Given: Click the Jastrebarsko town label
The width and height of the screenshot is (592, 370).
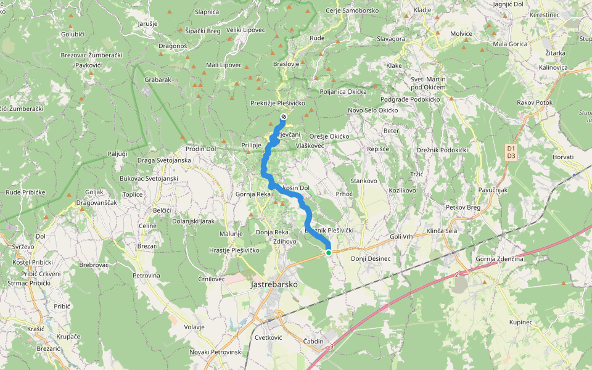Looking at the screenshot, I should (274, 285).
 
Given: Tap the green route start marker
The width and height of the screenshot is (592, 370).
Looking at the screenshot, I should (329, 252).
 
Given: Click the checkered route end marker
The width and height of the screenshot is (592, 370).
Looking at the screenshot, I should (283, 117).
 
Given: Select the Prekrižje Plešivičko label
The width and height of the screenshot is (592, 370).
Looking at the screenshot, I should (278, 103).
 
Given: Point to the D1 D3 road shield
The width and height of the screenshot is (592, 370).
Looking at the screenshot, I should (510, 152).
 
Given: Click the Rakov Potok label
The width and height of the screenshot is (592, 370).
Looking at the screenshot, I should (535, 102).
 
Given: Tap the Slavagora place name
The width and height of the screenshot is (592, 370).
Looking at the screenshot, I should (390, 39).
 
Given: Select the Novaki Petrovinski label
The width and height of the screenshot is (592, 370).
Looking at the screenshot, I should (216, 351).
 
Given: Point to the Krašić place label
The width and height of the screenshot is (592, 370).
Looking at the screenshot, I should (36, 329).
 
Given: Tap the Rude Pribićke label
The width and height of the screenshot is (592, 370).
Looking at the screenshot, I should (25, 192).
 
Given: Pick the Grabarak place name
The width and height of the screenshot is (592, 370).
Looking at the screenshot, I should (157, 80).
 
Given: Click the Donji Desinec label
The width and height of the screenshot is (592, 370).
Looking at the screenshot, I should (371, 258).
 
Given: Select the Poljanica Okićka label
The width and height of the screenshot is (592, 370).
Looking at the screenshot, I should (343, 91).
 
